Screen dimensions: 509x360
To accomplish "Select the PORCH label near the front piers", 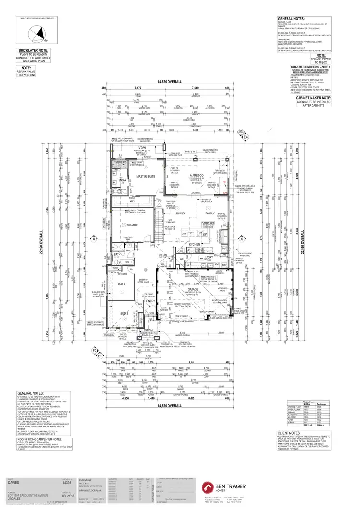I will (x=147, y=330).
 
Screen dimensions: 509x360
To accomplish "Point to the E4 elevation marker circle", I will (x=245, y=138).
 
